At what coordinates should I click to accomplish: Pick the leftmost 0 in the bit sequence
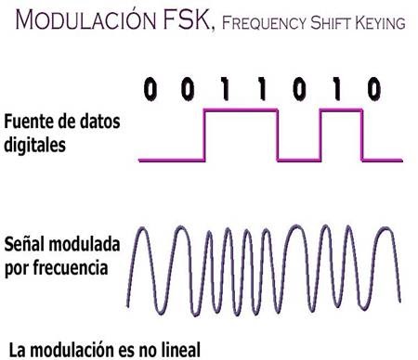pyautogui.click(x=150, y=89)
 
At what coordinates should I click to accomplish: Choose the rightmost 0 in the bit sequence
pyautogui.click(x=373, y=89)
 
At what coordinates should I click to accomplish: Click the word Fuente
pyautogui.click(x=27, y=122)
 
